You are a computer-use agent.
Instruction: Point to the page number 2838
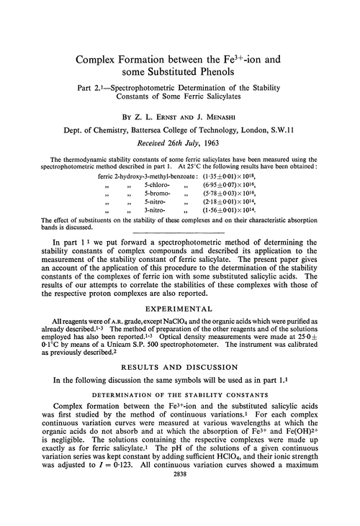pyautogui.click(x=180, y=516)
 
